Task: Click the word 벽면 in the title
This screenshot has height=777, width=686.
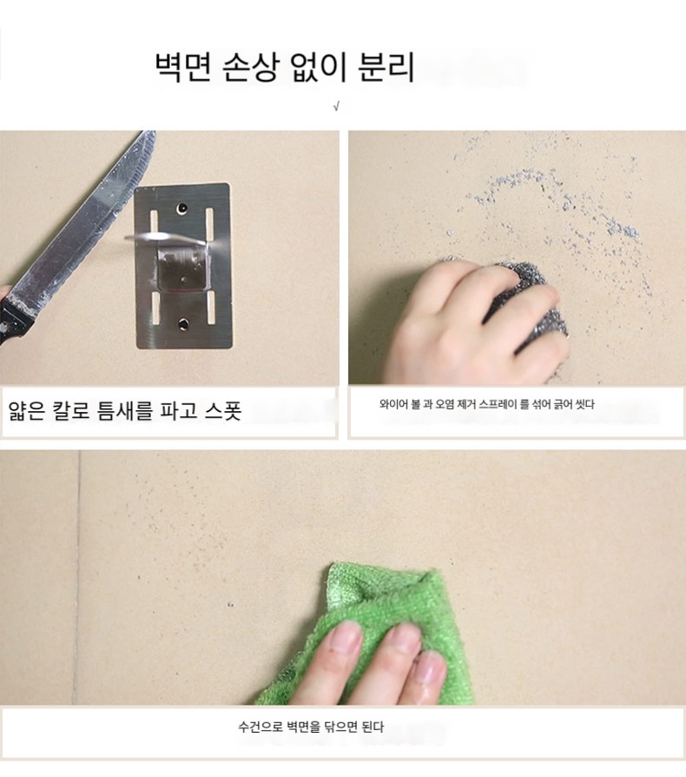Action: [182, 67]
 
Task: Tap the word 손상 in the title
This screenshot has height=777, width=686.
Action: [251, 67]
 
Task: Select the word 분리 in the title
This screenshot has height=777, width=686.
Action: [386, 67]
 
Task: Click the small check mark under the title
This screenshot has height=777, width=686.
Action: [337, 106]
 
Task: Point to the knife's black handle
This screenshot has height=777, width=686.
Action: [15, 317]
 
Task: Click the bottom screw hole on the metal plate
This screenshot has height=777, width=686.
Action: [185, 324]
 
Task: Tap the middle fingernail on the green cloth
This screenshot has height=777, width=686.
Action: [402, 639]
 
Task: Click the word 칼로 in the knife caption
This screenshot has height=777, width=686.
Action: [76, 411]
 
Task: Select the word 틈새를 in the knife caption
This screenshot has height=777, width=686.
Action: [130, 411]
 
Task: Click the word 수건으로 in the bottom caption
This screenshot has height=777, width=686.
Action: [261, 727]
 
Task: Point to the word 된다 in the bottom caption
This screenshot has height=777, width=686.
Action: [373, 727]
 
